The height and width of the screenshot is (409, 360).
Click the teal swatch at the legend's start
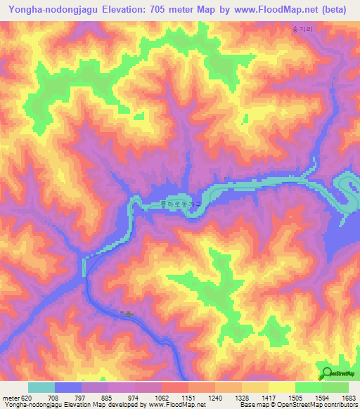(41, 387)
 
